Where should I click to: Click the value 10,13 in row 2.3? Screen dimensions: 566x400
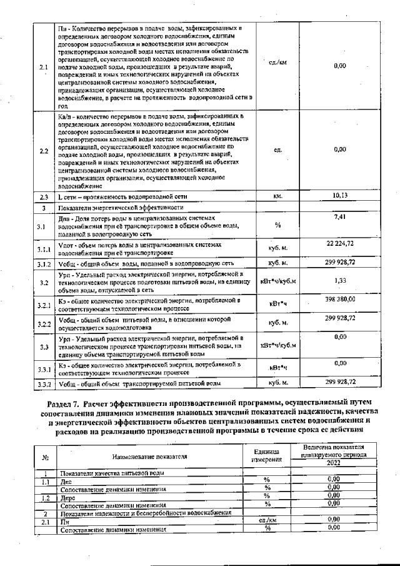340,195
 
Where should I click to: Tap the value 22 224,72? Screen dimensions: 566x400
340,242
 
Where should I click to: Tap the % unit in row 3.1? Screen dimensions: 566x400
278,225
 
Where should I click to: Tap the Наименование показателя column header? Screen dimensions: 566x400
149,457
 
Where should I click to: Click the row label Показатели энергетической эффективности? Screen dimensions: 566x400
121,207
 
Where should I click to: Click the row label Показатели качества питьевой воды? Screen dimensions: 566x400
112,473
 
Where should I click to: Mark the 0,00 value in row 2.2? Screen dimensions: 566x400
340,149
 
